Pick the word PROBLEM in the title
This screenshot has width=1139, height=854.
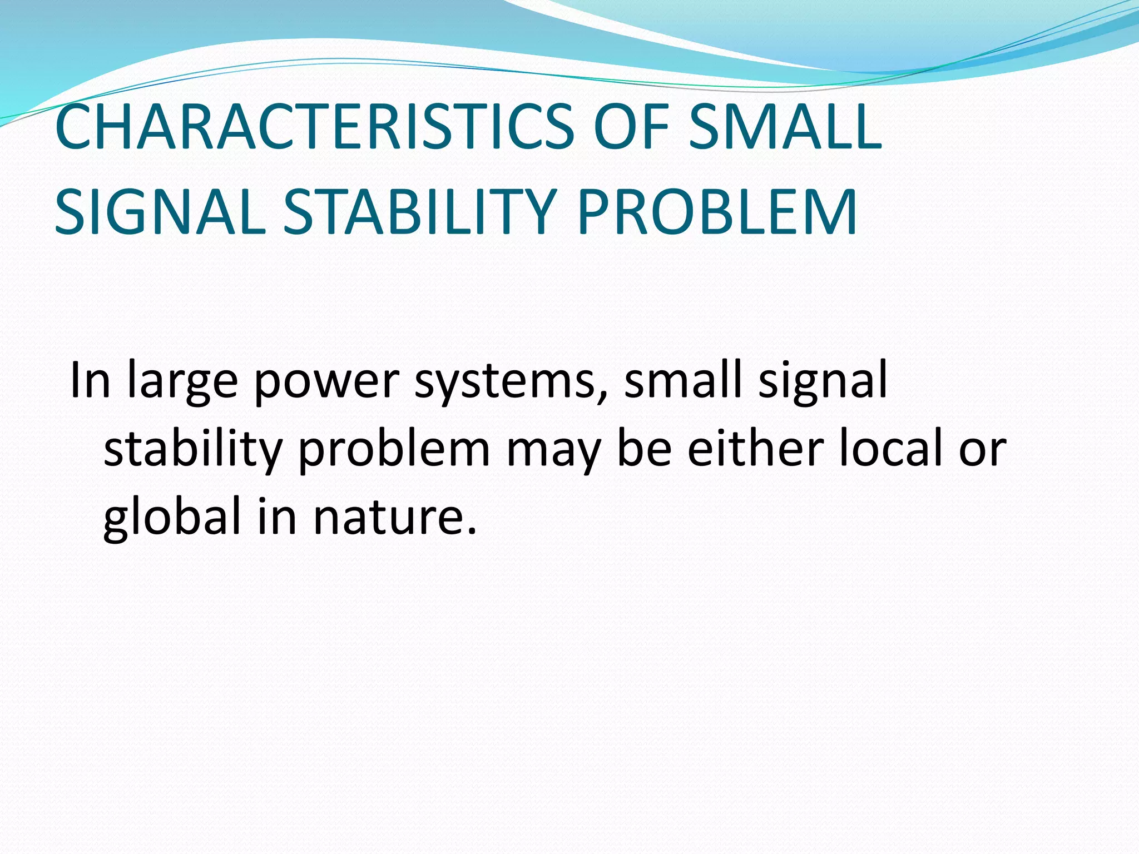click(x=717, y=213)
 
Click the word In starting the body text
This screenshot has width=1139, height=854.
click(x=90, y=380)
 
